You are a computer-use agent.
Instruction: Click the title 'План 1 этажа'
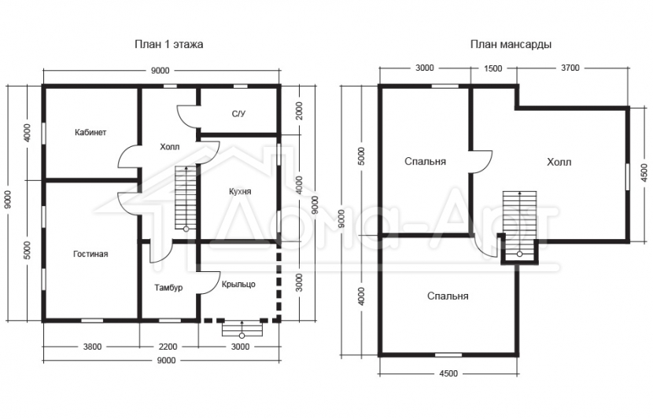[x=168, y=44]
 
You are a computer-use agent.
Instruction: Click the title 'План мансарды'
[x=511, y=44]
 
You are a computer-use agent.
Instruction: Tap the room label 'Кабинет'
[x=90, y=132]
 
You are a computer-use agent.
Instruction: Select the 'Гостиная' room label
[x=90, y=254]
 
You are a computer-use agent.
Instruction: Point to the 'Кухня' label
[x=240, y=191]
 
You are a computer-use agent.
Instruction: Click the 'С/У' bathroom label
[x=238, y=113]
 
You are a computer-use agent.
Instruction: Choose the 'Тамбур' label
[x=168, y=288]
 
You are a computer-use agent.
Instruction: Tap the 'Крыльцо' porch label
[x=238, y=285]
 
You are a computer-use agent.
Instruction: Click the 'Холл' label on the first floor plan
[x=169, y=147]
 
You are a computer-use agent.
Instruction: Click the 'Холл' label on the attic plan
[x=559, y=162]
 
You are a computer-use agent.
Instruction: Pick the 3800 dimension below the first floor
[x=92, y=347]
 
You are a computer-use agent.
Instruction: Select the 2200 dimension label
[x=168, y=347]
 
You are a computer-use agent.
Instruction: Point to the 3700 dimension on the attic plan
[x=570, y=68]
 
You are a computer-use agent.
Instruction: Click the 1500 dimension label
[x=493, y=68]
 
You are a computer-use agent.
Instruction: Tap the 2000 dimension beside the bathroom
[x=300, y=111]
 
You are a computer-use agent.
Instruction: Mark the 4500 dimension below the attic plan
[x=448, y=373]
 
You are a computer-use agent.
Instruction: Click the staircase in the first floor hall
[x=186, y=197]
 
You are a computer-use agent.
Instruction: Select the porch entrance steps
[x=242, y=328]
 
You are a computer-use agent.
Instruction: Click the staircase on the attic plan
[x=520, y=224]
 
